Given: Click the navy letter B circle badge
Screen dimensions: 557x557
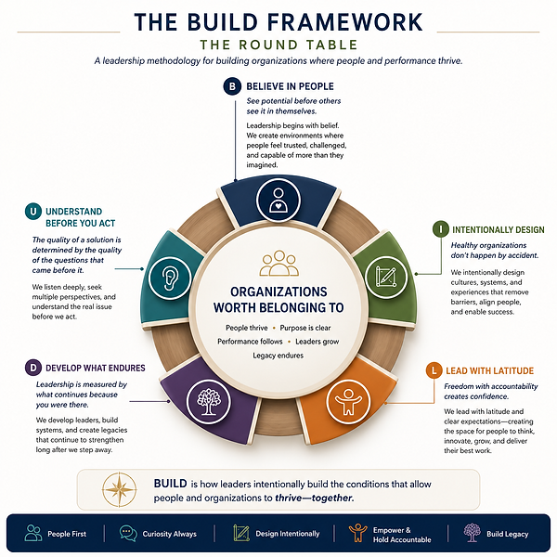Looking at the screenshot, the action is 232,86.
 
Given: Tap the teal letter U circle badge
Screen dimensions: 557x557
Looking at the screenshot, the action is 33,212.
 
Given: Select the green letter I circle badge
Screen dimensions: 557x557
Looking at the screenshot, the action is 441,229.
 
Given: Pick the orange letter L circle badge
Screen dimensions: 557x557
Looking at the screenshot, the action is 434,370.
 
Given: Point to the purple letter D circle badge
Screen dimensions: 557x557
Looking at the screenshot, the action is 33,368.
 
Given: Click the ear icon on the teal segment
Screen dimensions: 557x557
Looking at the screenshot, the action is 170,278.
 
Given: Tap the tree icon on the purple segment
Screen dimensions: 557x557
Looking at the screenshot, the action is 209,401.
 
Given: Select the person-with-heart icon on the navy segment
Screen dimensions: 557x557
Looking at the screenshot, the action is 278,200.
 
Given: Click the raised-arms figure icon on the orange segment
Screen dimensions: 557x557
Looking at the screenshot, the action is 348,401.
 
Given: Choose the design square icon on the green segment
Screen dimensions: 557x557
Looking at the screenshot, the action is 386,277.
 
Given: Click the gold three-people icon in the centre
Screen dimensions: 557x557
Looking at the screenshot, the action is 278,264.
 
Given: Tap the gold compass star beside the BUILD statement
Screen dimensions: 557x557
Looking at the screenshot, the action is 120,489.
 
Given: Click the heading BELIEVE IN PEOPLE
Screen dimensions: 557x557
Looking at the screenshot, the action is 290,86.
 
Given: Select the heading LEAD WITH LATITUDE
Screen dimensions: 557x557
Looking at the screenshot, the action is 489,370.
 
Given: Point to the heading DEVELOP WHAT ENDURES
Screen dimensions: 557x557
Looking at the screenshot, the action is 96,368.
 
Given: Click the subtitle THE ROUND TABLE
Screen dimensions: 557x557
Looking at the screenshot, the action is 278,45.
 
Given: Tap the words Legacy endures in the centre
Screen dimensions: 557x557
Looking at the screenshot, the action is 278,356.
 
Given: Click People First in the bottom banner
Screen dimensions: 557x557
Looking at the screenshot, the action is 67,534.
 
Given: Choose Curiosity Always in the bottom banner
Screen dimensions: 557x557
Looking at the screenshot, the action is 170,534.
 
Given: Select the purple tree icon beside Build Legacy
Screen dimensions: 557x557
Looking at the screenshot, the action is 473,533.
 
